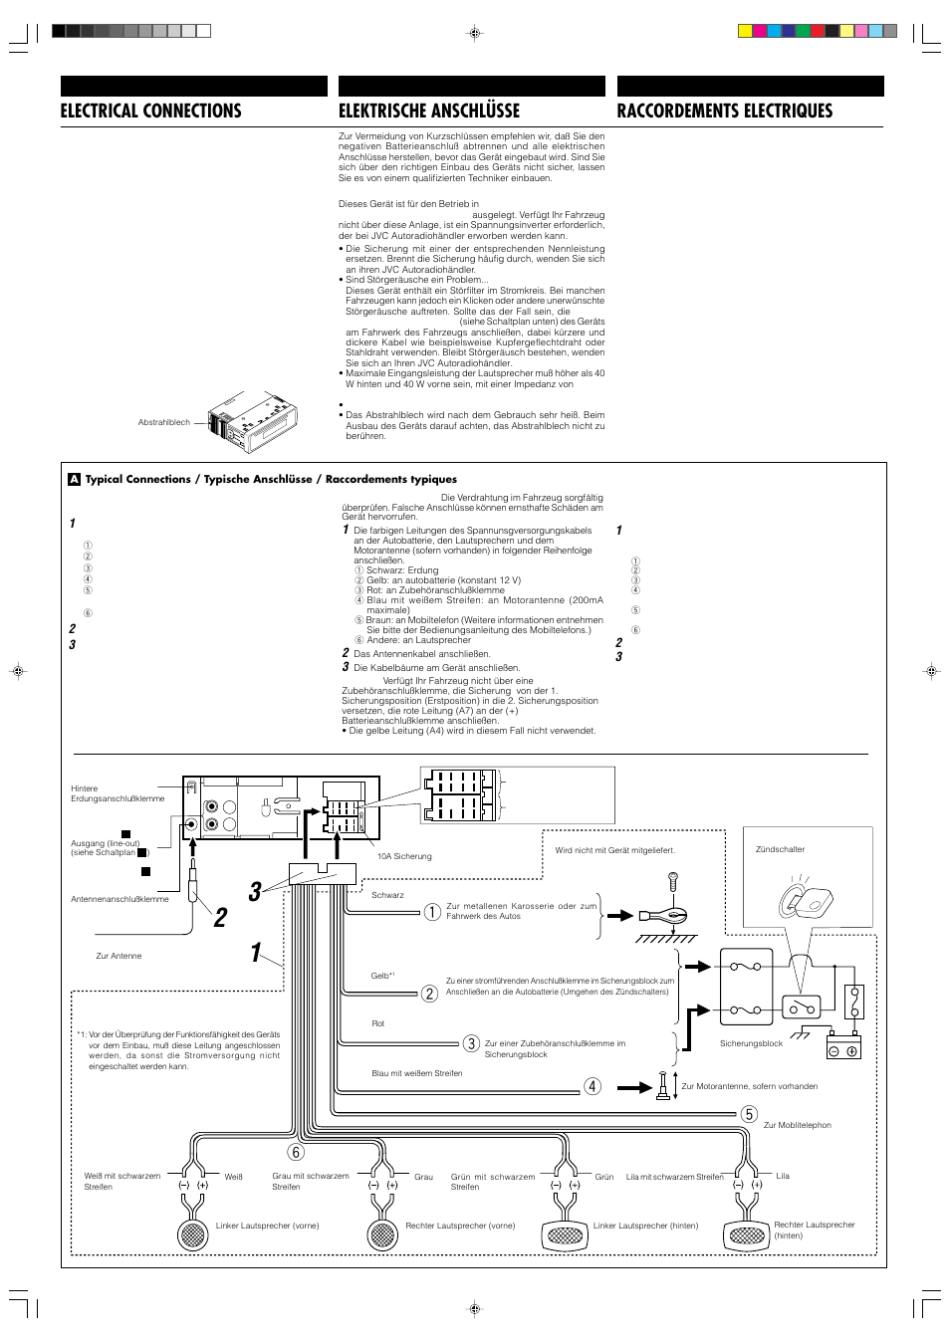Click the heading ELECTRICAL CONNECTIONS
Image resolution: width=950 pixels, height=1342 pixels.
pos(150,111)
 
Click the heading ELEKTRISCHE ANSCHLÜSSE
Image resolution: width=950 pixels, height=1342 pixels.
pos(429,111)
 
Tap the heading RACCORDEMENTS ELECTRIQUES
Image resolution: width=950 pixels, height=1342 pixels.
pos(724,111)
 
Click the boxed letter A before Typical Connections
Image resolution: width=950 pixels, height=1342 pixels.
pos(74,479)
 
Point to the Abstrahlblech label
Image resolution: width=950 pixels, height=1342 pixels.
pos(163,422)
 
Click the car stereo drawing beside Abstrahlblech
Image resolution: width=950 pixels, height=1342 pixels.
pos(252,421)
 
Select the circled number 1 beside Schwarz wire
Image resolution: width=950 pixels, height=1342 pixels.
pos(432,912)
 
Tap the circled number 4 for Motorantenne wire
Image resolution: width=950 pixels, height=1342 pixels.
pos(593,1086)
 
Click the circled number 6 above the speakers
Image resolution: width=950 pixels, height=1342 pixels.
pos(296,1152)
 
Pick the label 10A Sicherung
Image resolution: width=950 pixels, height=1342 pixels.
pos(404,856)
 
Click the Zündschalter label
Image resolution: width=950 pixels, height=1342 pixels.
pos(780,849)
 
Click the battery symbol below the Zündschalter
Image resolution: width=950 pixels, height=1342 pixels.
pos(843,1049)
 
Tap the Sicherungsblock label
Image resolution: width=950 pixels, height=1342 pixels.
pos(751,1043)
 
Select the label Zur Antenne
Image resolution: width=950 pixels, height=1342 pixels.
pos(119,956)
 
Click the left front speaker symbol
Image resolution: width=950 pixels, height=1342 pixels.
pos(192,1234)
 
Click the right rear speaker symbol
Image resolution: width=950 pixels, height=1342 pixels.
pos(747,1235)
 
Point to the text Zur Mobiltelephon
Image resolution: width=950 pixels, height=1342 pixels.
pos(797,1125)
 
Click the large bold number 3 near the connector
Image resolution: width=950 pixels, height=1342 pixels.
pos(255,891)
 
